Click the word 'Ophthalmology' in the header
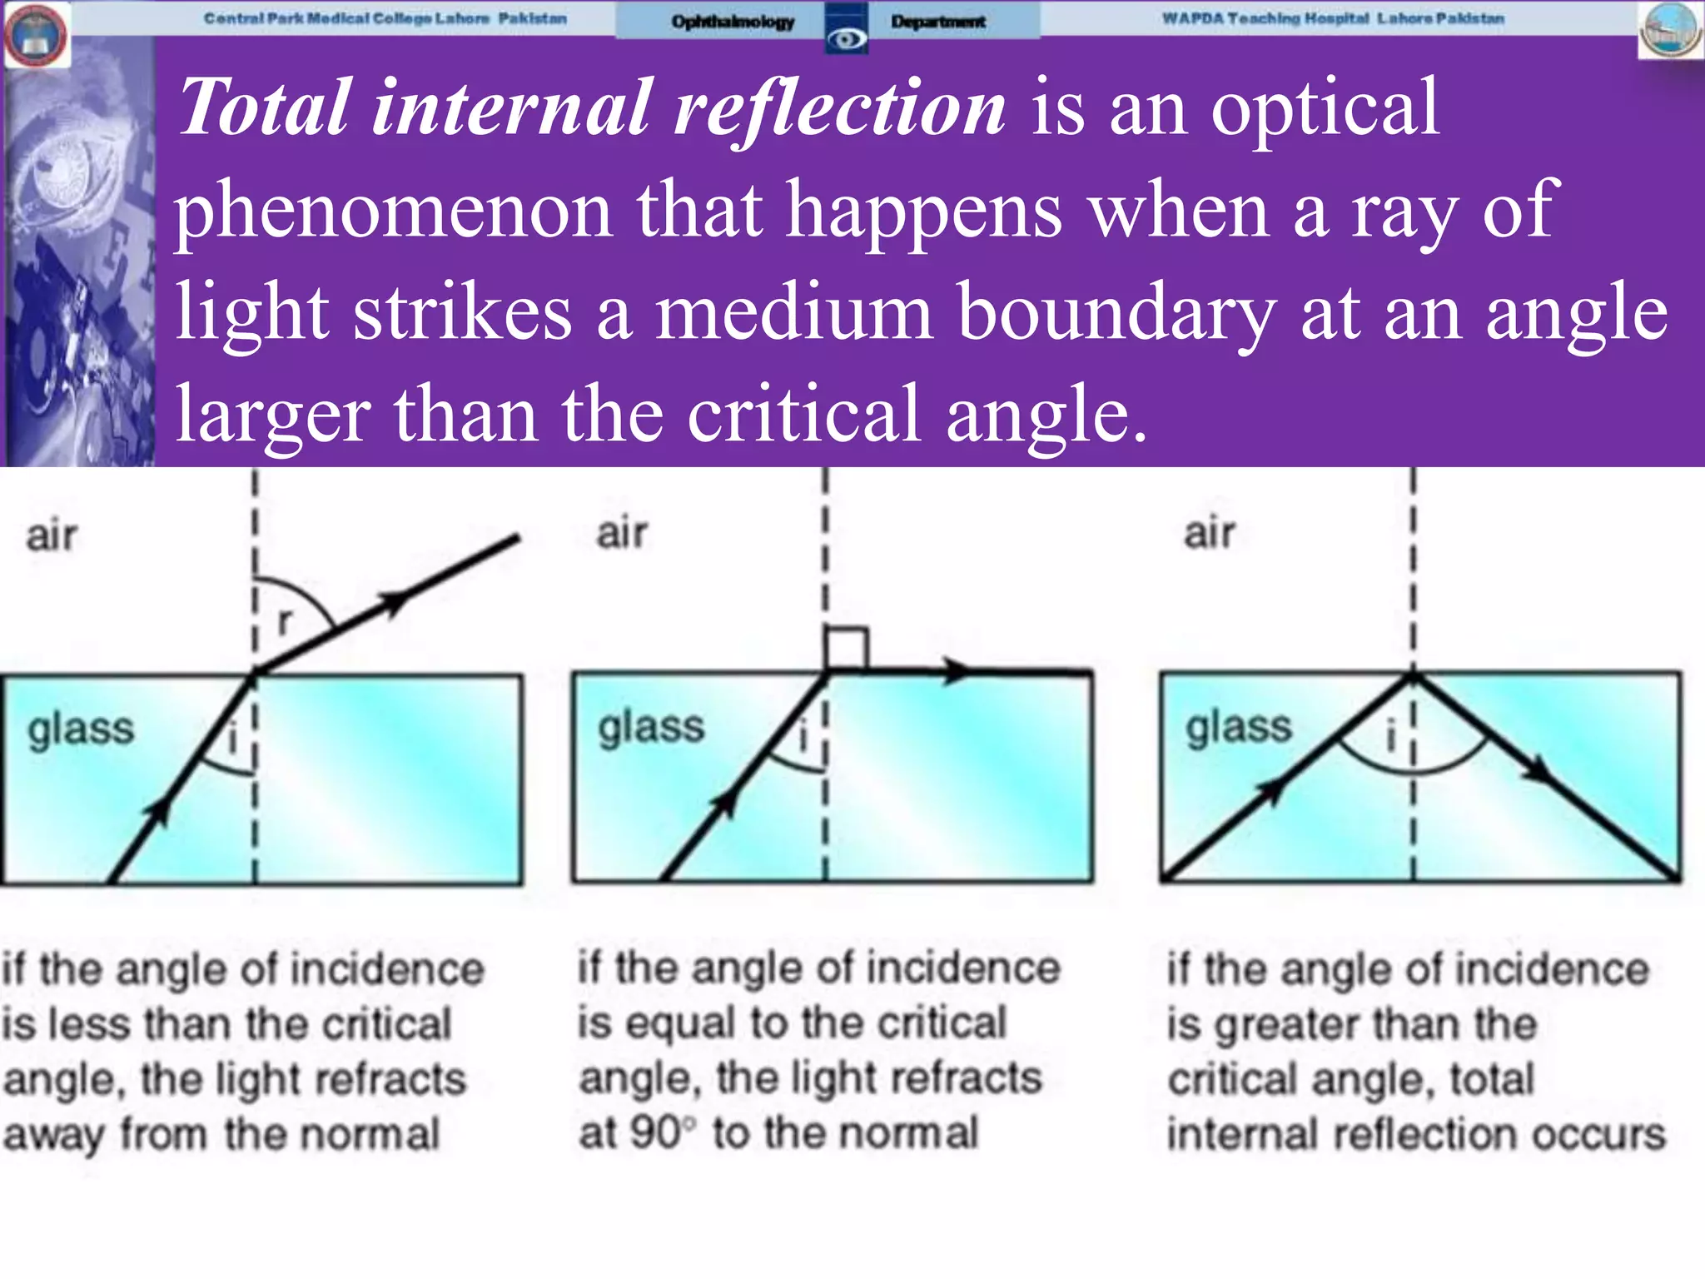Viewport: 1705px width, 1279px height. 733,22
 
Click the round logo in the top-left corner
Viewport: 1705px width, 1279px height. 36,34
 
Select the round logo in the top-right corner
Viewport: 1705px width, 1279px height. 1670,31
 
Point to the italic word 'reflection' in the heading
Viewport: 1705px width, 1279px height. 839,108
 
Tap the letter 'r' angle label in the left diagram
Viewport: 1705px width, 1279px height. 286,620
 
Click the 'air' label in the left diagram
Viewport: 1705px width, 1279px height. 52,535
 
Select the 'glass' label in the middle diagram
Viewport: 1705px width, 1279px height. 651,727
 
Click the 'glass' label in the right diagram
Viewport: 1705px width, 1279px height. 1239,727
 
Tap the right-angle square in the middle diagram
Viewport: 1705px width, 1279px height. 846,649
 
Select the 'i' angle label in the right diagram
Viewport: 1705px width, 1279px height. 1389,736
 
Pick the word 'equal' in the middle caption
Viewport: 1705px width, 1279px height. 680,1023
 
